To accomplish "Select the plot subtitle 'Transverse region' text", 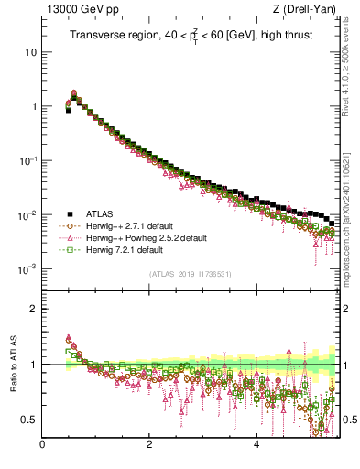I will pos(113,37).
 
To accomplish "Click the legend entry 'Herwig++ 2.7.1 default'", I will pos(129,226).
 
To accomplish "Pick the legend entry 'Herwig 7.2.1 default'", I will pos(125,250).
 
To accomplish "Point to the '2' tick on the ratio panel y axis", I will pos(34,309).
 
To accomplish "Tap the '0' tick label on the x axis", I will pos(42,446).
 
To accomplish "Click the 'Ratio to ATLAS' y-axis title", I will pos(12,365).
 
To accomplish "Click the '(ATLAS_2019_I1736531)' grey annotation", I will pos(191,275).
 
